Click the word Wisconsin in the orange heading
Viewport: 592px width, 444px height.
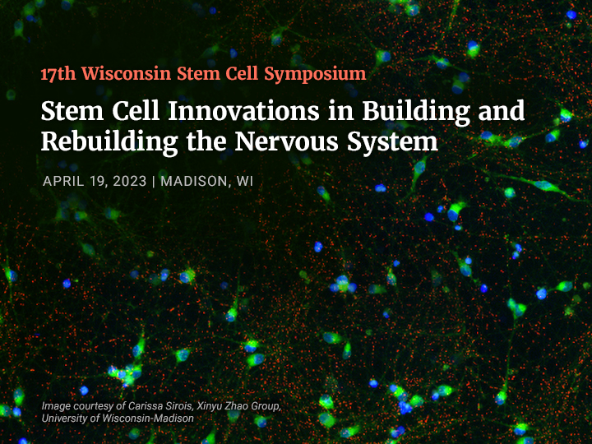tap(127, 73)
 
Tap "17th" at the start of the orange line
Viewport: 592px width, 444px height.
tap(58, 74)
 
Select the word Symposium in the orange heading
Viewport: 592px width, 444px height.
tap(315, 75)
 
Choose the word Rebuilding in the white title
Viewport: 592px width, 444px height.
tap(109, 143)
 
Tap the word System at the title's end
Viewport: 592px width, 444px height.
tap(392, 143)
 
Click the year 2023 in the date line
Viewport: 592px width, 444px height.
tap(130, 181)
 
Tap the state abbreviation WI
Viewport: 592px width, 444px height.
tap(245, 181)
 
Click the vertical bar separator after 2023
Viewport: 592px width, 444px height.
tap(153, 182)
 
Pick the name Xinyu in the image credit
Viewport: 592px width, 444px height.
tap(209, 406)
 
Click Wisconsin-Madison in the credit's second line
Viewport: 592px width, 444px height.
tap(148, 419)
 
